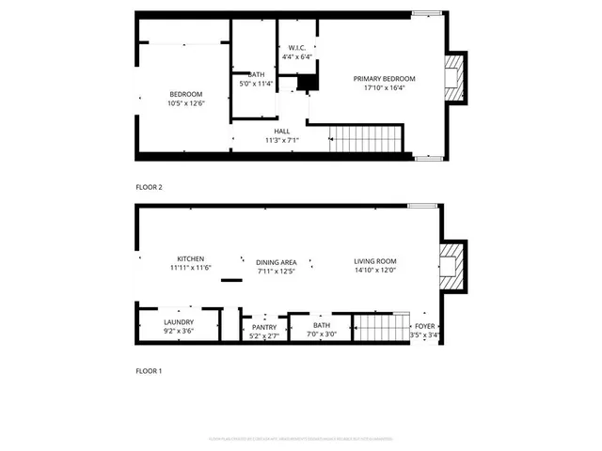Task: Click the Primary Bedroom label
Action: [384, 79]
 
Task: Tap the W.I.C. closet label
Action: [296, 47]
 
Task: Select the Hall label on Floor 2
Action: [282, 132]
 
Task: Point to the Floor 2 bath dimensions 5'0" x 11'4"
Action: [257, 84]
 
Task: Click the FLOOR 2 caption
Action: [149, 187]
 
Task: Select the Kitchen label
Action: [191, 259]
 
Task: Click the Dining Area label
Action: [277, 262]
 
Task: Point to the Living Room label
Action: [374, 261]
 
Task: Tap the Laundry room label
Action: [179, 323]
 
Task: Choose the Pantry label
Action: [263, 327]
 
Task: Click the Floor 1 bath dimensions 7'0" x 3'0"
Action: [323, 334]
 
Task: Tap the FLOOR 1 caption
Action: [149, 371]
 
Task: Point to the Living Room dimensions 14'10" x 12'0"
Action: [374, 271]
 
